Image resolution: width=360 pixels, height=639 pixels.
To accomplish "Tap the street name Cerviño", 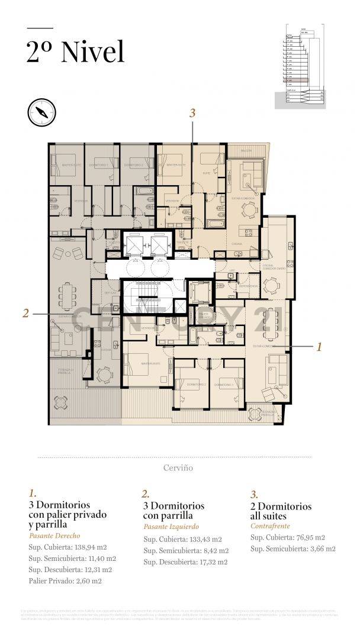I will point(178,467).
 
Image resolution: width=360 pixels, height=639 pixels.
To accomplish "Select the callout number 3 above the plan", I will point(192,113).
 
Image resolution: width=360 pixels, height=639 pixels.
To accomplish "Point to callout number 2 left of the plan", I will point(25,314).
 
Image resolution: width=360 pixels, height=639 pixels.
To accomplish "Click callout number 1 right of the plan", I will point(319,347).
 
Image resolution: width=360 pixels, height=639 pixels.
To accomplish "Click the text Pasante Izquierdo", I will point(171,527).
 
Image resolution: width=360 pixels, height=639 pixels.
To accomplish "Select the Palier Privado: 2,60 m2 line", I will point(65,580).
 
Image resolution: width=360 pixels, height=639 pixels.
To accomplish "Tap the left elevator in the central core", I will point(134,243).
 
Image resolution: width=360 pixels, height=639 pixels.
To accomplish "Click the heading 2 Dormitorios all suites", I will point(281,511).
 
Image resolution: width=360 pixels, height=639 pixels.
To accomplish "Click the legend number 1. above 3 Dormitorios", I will point(33,493).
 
